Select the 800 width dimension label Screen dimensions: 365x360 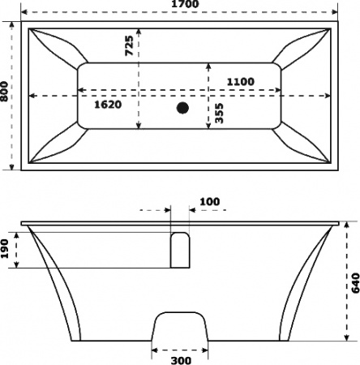[x=6, y=96]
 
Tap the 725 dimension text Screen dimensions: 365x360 [x=130, y=46]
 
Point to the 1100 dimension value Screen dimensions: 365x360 [x=239, y=81]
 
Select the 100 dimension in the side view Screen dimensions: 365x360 [x=208, y=200]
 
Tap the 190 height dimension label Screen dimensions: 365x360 [x=6, y=250]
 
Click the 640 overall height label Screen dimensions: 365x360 [x=354, y=281]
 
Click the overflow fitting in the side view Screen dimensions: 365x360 [x=179, y=249]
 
